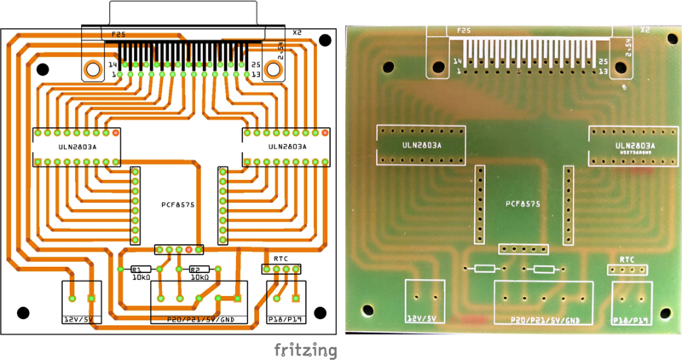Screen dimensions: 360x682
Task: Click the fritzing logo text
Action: click(x=305, y=350)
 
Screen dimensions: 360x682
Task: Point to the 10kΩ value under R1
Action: click(x=141, y=277)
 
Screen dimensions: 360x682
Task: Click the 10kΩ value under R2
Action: click(x=200, y=277)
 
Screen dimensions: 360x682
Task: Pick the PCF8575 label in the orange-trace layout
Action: click(x=179, y=205)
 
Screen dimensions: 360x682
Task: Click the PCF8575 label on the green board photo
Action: click(x=523, y=204)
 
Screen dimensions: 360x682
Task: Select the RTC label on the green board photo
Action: click(x=627, y=258)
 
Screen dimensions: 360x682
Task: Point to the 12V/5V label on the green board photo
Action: click(x=424, y=318)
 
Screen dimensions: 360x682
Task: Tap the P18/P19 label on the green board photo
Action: click(x=632, y=321)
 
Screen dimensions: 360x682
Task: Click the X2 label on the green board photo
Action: click(x=644, y=30)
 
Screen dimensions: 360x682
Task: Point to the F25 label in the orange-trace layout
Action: click(x=119, y=35)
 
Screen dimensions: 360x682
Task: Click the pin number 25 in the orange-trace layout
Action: click(x=254, y=64)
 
